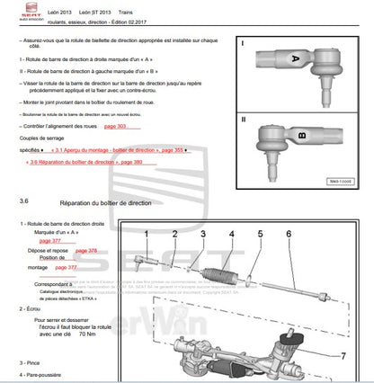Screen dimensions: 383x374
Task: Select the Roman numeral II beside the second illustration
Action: point(244,118)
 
